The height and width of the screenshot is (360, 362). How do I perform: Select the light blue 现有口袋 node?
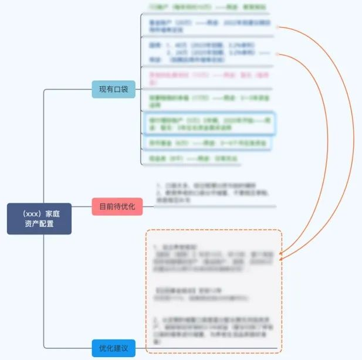[x=114, y=89]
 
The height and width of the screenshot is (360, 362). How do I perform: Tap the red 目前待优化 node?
[x=117, y=206]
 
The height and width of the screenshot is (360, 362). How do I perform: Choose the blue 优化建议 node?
[x=113, y=348]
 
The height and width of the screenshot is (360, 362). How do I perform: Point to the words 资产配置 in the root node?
[x=39, y=224]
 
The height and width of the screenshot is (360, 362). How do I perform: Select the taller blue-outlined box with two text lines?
[x=208, y=124]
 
